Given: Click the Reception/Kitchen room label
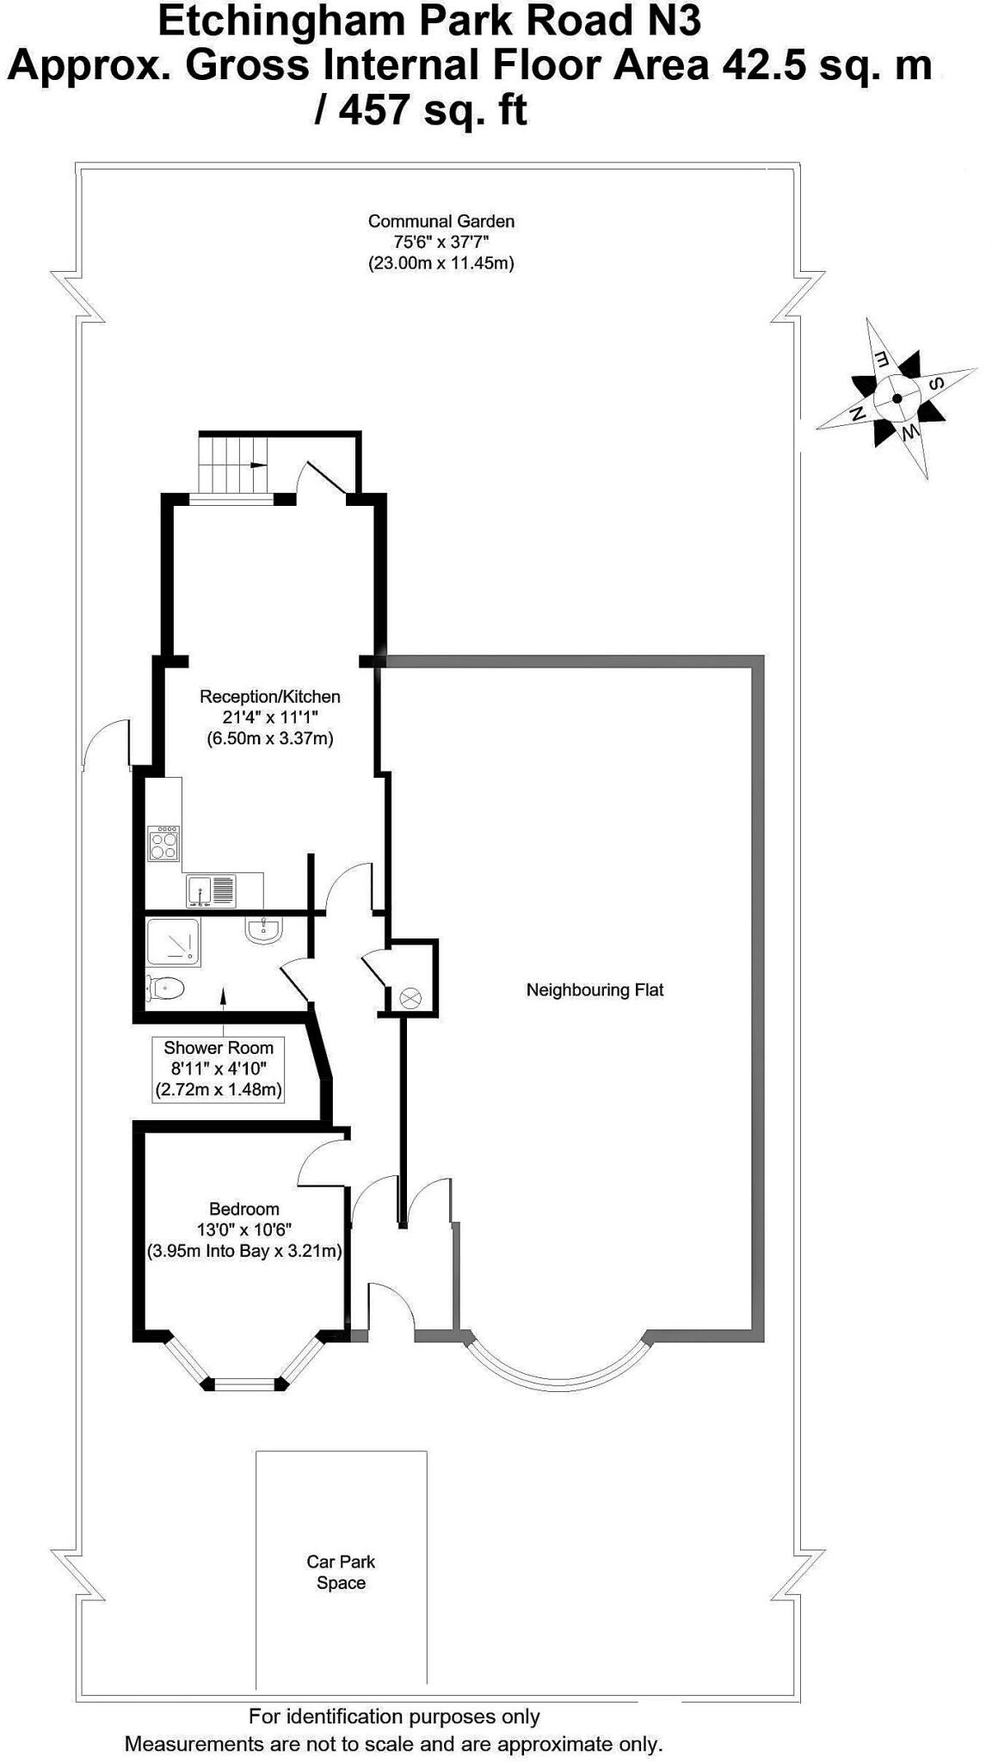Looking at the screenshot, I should tap(269, 717).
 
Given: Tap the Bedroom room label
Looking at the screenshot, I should tap(244, 1229).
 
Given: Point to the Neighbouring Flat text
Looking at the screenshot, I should tap(595, 990).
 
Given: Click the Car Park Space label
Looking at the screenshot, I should tap(341, 1572).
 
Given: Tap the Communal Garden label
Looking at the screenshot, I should tap(441, 242).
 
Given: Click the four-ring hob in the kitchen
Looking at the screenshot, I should tap(163, 843).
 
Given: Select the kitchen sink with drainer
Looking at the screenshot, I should tap(210, 890).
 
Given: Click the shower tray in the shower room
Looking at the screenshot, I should tap(173, 942).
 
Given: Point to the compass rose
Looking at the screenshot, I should tap(896, 398).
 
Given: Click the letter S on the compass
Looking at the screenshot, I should tap(938, 383).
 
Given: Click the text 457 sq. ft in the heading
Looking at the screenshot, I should tap(421, 110).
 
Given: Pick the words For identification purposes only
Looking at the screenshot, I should tap(394, 1716).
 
